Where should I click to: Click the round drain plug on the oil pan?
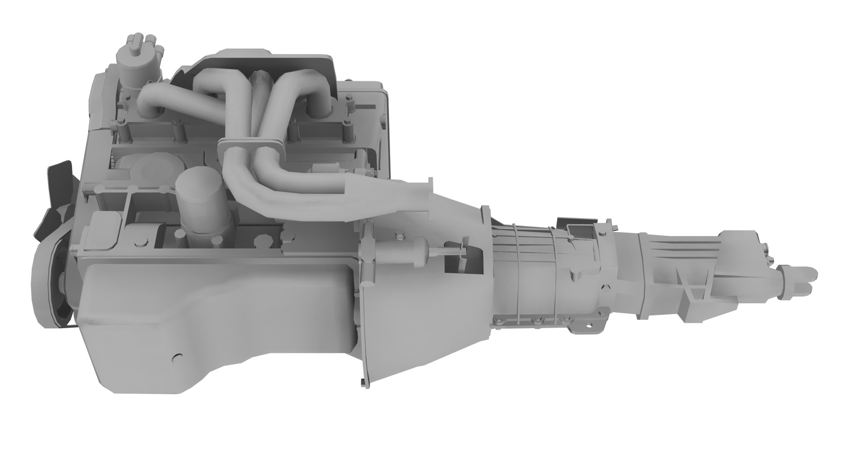tap(177, 358)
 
